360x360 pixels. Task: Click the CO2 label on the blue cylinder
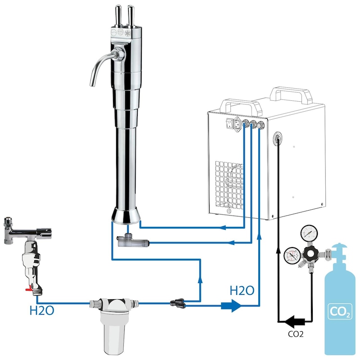tap(340, 311)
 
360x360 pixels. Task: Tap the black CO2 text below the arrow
tap(296, 334)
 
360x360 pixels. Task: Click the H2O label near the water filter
tap(42, 310)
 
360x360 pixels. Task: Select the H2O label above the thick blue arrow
tap(242, 290)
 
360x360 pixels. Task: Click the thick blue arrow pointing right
tap(231, 306)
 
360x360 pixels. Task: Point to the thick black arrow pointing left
tap(295, 321)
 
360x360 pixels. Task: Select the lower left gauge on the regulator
tap(292, 255)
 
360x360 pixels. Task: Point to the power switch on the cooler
tap(229, 123)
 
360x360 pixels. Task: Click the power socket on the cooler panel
tap(238, 124)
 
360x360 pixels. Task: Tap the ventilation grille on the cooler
tap(229, 184)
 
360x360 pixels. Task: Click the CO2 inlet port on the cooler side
tap(278, 138)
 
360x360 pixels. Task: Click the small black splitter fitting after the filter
tap(177, 302)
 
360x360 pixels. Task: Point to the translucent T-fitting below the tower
tap(133, 241)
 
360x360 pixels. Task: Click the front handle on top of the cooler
tap(241, 108)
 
